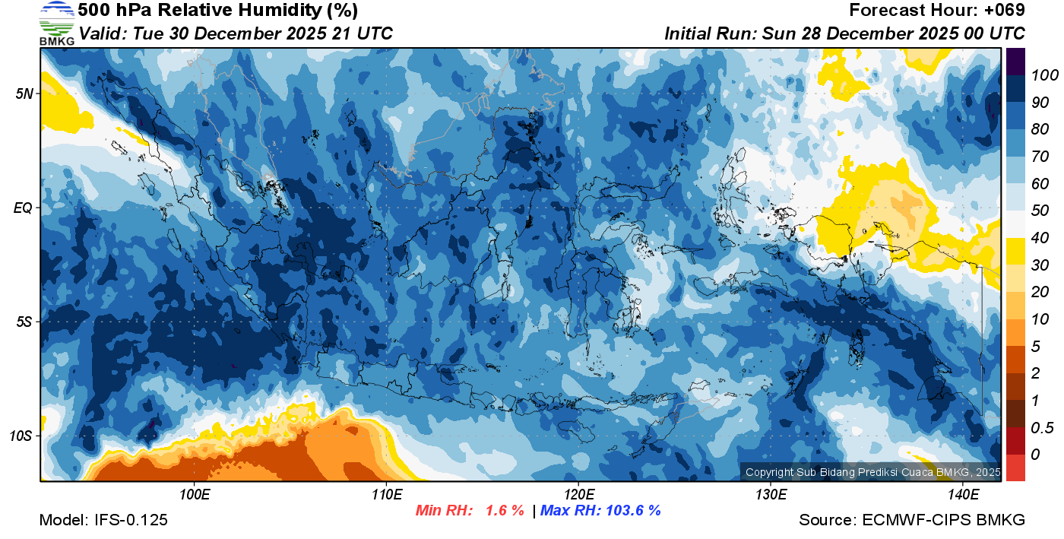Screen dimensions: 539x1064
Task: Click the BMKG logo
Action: pos(57,23)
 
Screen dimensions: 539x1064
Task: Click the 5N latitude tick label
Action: pos(24,94)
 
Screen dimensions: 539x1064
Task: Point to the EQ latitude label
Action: pos(24,208)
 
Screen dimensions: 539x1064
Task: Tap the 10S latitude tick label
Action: pos(21,436)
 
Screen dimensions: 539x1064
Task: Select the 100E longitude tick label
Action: pos(195,494)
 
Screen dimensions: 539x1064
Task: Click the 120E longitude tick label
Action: pos(578,494)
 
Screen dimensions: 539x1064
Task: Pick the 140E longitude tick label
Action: pos(963,494)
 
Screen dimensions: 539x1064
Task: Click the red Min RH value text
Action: pos(469,510)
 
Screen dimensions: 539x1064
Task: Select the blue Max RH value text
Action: pos(600,510)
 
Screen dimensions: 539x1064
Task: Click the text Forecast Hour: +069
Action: pos(937,11)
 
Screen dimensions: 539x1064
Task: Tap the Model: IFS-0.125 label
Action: pos(103,520)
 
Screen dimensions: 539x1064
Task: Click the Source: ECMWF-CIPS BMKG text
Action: pos(912,520)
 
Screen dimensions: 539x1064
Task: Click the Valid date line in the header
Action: pos(236,33)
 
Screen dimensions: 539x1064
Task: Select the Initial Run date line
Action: pos(844,33)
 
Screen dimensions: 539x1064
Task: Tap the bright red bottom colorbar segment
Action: pos(1015,468)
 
